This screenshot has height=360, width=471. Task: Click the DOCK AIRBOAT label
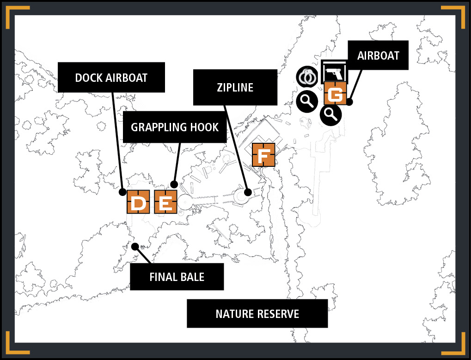[111, 78]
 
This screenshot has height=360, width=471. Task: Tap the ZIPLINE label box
[235, 87]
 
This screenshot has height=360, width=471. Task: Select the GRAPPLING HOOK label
[175, 127]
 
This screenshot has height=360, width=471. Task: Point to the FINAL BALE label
[177, 277]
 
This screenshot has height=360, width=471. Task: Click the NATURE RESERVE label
[257, 314]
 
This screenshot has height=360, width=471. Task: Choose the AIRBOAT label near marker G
[378, 55]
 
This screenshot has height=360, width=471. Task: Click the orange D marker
[138, 202]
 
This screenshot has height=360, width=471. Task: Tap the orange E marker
[165, 202]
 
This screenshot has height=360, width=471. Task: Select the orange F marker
[263, 155]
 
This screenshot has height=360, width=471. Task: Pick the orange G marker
[335, 94]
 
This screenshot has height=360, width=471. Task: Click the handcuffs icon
[307, 77]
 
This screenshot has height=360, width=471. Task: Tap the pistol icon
[334, 72]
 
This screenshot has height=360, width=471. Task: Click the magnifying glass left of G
[307, 102]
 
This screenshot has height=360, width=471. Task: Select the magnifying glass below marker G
[331, 115]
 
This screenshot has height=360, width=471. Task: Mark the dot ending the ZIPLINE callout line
[248, 192]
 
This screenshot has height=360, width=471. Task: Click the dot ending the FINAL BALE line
[135, 246]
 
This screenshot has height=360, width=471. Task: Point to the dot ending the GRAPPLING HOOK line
[174, 184]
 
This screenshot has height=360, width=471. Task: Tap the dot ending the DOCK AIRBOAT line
[122, 192]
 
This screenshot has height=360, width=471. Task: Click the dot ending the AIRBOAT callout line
[349, 102]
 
